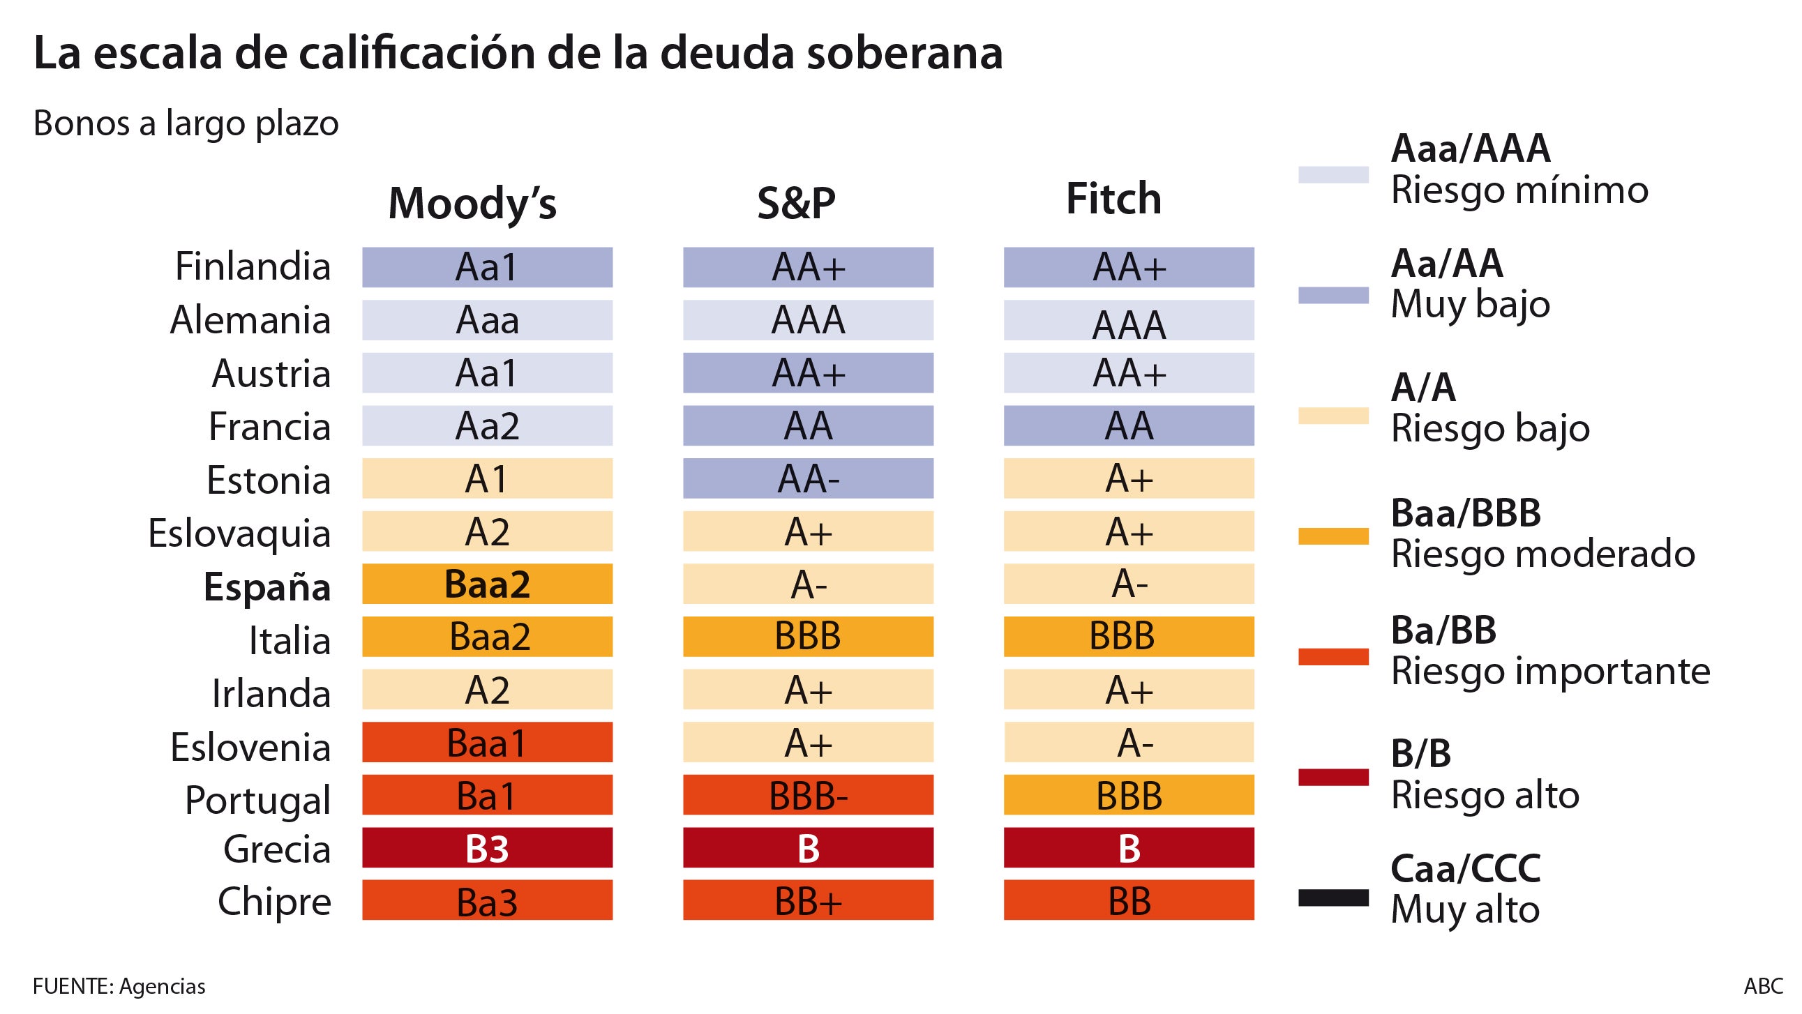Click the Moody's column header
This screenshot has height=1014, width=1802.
pyautogui.click(x=472, y=204)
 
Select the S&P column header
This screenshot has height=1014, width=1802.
pyautogui.click(x=796, y=204)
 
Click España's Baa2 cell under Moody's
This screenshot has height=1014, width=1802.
pyautogui.click(x=487, y=584)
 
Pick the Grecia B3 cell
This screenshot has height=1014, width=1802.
pyautogui.click(x=487, y=847)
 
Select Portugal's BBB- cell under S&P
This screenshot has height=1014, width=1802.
pyautogui.click(x=808, y=795)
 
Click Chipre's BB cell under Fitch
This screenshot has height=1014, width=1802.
pyautogui.click(x=1128, y=901)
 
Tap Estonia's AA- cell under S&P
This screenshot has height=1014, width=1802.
pyautogui.click(x=808, y=478)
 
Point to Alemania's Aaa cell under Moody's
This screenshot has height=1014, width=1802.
pyautogui.click(x=487, y=320)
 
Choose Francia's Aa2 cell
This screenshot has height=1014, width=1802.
pyautogui.click(x=487, y=426)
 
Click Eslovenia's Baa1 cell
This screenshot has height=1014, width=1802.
pyautogui.click(x=487, y=743)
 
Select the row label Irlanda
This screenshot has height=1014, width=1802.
pyautogui.click(x=271, y=694)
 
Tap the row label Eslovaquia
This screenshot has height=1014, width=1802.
pyautogui.click(x=239, y=534)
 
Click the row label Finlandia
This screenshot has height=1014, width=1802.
pyautogui.click(x=253, y=266)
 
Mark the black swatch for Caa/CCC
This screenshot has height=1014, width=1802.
pyautogui.click(x=1333, y=898)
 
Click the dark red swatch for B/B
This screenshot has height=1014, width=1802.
pyautogui.click(x=1333, y=777)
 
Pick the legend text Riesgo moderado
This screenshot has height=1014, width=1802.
pyautogui.click(x=1542, y=554)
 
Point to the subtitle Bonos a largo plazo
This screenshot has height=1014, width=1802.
pyautogui.click(x=186, y=123)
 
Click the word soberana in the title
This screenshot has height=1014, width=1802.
pyautogui.click(x=905, y=53)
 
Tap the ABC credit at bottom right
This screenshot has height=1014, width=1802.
pyautogui.click(x=1763, y=986)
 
